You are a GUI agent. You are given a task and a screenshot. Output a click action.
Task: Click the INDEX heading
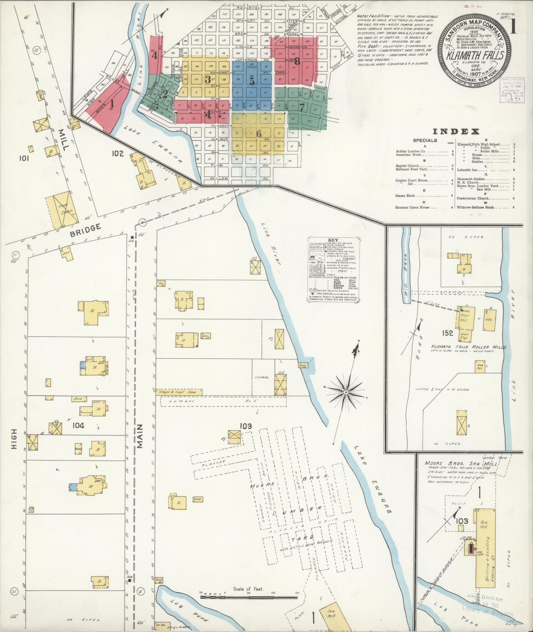pyautogui.click(x=456, y=132)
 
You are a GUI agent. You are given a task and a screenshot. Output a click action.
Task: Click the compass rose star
pyautogui.click(x=346, y=392)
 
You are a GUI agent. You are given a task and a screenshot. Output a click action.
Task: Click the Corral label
pyautogui.click(x=262, y=377)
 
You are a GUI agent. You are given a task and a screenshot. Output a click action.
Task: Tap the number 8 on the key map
pyautogui.click(x=297, y=61)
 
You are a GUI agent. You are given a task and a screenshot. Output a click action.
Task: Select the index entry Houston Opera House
pyautogui.click(x=412, y=207)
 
